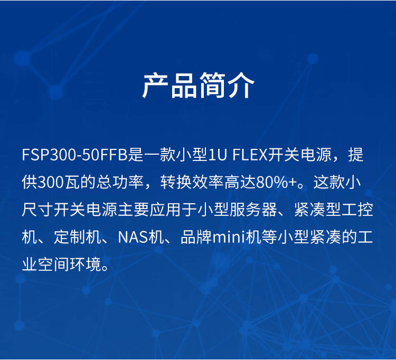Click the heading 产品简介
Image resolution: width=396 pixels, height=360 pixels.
pyautogui.click(x=198, y=86)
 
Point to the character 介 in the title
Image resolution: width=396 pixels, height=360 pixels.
pyautogui.click(x=241, y=86)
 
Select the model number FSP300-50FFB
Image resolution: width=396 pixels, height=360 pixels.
pyautogui.click(x=75, y=155)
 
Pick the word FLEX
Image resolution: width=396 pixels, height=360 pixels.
pyautogui.click(x=250, y=155)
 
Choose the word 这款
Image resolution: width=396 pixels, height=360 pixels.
pyautogui.click(x=329, y=182)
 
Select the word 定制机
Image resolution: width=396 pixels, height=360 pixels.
pyautogui.click(x=78, y=237)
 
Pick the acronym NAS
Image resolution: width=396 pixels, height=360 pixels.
pyautogui.click(x=133, y=237)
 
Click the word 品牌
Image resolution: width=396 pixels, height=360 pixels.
pyautogui.click(x=196, y=237)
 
